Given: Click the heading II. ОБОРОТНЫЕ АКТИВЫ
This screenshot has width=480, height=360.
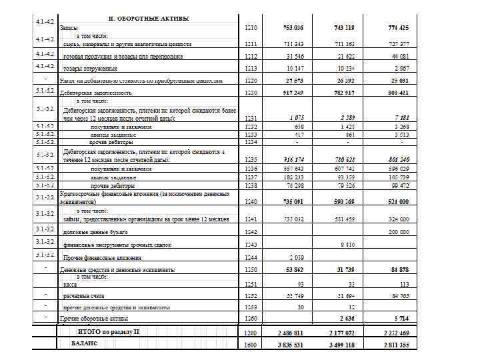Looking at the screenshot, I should coord(148,18).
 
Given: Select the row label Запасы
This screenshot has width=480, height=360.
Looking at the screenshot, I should coord(69,28).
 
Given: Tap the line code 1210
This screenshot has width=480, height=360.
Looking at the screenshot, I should coord(251,28).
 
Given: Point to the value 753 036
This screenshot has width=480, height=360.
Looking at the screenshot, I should coord(291,28).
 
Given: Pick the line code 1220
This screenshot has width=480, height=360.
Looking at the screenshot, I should coord(251,81).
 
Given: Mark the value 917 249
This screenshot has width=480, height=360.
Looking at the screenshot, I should coord(291,93).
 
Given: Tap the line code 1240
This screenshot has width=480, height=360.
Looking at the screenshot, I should coord(251,201).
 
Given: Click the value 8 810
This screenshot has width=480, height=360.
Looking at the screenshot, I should coord(347,245).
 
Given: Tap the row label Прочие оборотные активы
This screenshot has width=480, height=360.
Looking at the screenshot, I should coord(94,319).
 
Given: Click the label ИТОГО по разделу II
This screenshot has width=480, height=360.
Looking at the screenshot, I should coord(108,331).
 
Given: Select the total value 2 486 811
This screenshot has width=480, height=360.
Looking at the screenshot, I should coord(290,332).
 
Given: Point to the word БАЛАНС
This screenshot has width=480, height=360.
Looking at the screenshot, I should coord(84,343).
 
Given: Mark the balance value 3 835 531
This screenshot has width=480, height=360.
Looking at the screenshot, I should coord(290,344).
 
